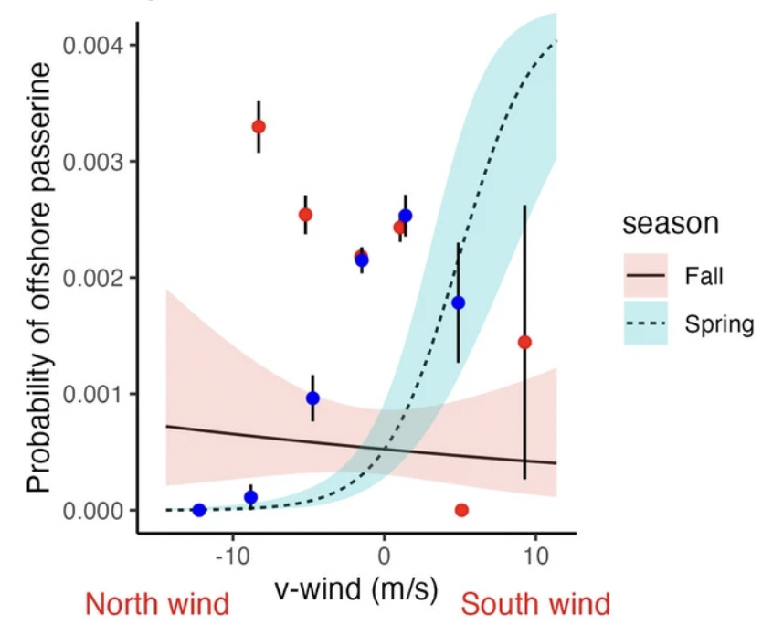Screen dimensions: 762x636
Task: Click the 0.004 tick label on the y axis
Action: (93, 46)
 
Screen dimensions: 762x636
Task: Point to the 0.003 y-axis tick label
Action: (93, 162)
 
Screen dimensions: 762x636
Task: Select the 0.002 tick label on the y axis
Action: (93, 278)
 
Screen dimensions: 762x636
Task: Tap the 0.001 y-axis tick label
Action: (93, 394)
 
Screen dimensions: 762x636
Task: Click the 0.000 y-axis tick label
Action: (93, 511)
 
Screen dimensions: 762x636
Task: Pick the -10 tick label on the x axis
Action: (232, 556)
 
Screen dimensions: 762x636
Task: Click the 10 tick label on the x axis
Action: (536, 556)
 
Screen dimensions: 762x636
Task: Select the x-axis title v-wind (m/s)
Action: (356, 589)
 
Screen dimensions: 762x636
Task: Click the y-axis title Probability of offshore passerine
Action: (39, 278)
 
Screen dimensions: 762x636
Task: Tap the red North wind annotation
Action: (157, 604)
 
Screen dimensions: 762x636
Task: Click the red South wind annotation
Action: (535, 604)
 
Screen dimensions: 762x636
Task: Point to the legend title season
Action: (671, 224)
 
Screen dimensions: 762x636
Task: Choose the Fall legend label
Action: (704, 276)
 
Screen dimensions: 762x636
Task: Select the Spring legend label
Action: (720, 324)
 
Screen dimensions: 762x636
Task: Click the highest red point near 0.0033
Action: (259, 127)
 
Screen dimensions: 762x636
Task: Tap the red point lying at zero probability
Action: (461, 510)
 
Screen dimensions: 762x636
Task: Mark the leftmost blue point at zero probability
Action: (199, 510)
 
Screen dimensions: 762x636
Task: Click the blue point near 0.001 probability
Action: (313, 398)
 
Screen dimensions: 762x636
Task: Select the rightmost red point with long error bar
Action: (524, 343)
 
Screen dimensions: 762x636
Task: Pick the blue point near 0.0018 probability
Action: (459, 303)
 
